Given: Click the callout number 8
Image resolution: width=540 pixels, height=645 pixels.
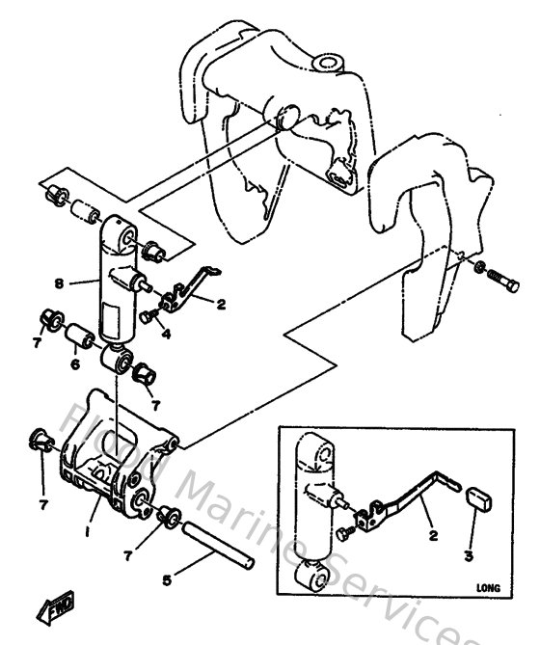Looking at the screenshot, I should pos(60,283).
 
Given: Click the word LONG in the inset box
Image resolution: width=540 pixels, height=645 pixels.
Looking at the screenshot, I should pos(490,584).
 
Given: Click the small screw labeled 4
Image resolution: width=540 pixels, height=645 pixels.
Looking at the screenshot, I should pos(148,316).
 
